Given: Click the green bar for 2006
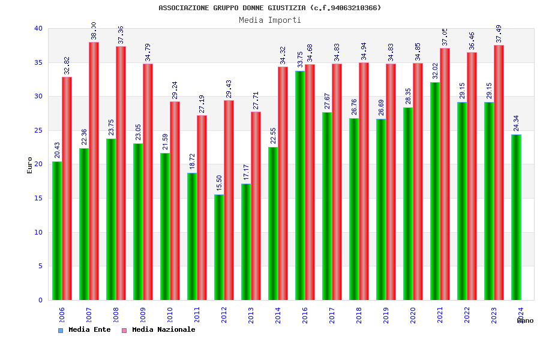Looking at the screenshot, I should (x=57, y=231).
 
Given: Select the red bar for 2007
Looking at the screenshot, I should (x=94, y=171).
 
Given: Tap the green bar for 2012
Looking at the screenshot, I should (x=219, y=247).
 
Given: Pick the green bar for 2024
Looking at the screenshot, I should (x=516, y=217).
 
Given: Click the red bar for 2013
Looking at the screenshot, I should (x=256, y=206).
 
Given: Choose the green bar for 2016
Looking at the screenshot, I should (x=300, y=185).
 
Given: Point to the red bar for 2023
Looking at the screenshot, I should (x=499, y=173).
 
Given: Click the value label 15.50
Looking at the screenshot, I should (x=220, y=184).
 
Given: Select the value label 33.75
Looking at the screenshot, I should (x=301, y=60).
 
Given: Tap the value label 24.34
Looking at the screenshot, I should (x=517, y=124).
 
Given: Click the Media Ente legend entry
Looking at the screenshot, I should (x=85, y=329).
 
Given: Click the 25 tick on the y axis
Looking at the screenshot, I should (x=38, y=130).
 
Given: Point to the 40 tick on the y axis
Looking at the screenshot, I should (x=38, y=28).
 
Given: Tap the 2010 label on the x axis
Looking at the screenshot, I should (x=170, y=315).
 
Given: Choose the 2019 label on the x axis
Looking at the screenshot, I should (x=386, y=315).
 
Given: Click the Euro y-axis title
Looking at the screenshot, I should (x=30, y=165).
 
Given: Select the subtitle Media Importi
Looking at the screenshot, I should (x=270, y=20).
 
